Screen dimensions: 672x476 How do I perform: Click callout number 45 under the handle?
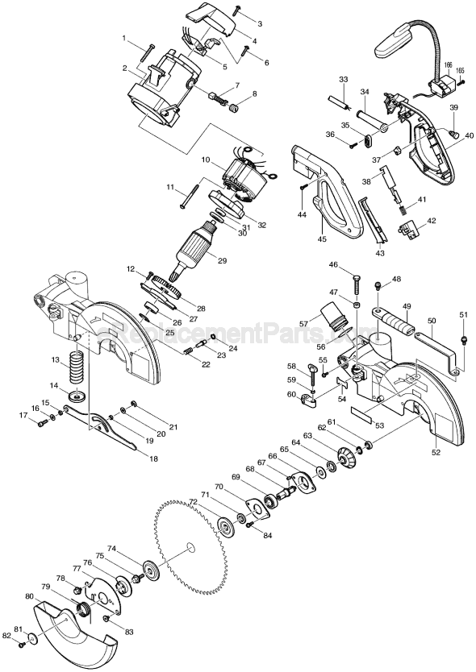pos(323,239)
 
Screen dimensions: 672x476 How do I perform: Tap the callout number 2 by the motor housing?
pos(126,68)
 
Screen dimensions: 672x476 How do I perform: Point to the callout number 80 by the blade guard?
pos(29,597)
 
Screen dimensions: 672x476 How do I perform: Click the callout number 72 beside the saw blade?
pos(193,501)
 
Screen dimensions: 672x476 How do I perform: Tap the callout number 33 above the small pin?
pos(343,80)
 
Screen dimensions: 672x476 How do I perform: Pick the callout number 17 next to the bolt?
pos(23,415)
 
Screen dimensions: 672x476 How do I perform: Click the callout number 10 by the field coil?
pos(206,160)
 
